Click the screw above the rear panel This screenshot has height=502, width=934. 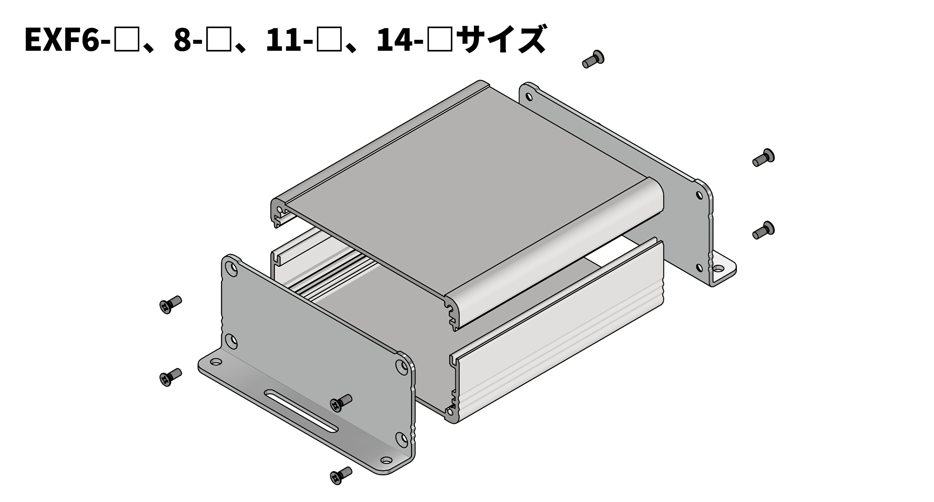(x=593, y=59)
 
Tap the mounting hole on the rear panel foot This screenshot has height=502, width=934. (x=718, y=269)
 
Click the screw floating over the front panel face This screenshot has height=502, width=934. (x=341, y=402)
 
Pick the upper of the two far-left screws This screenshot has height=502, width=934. (x=170, y=304)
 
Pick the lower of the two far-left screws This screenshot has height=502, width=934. (x=170, y=376)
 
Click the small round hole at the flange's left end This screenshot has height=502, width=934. (x=215, y=361)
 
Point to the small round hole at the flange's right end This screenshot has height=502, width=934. (x=386, y=460)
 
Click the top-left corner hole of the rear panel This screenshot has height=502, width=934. (x=529, y=97)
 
